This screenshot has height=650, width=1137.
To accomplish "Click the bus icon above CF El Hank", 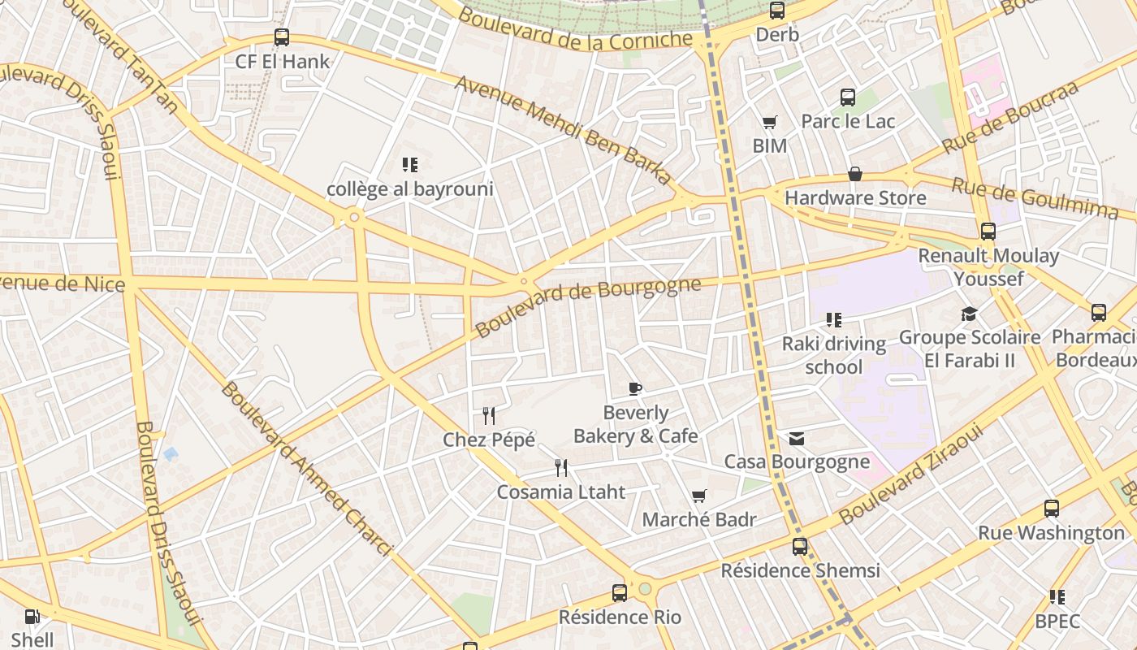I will (x=282, y=37).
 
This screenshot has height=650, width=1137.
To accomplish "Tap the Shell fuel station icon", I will (x=32, y=617).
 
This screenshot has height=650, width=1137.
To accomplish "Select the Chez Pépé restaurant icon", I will (x=489, y=416).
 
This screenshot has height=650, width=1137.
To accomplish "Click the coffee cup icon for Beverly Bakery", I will (x=635, y=388).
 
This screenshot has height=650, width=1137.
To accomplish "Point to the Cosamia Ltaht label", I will (x=561, y=492).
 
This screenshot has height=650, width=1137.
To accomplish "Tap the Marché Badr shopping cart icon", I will (x=698, y=496).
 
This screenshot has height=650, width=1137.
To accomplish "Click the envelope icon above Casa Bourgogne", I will (x=797, y=439).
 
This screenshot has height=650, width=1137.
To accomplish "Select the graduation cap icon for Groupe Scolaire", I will (x=969, y=314).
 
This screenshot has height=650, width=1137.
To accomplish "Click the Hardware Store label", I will (x=855, y=197).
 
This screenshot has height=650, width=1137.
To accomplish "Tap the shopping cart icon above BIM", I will (x=769, y=123).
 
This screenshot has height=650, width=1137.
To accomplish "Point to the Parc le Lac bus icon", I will (x=848, y=97).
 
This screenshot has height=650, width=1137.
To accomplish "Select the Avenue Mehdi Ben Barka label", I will (x=564, y=130).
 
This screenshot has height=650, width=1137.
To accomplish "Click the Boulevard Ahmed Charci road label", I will (x=307, y=469).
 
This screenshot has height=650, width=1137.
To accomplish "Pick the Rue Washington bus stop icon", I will (x=1052, y=509).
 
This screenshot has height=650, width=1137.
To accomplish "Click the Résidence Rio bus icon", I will (x=620, y=593).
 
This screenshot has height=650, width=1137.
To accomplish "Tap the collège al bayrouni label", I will (x=410, y=189).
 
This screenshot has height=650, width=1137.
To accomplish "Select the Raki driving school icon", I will (x=834, y=320).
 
